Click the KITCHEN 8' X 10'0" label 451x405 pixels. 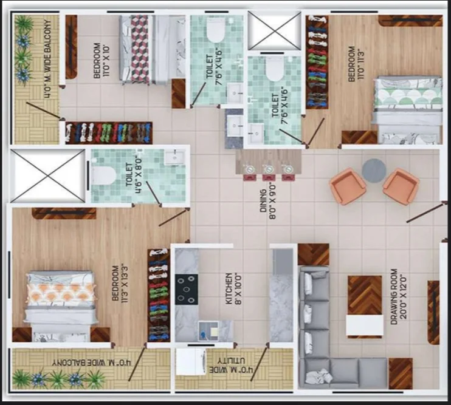tap(233, 288)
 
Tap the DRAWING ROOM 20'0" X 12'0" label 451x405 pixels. tap(398, 297)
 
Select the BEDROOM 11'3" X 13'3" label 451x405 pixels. tap(120, 283)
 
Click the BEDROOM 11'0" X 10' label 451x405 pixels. tap(102, 60)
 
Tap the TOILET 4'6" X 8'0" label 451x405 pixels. tap(133, 175)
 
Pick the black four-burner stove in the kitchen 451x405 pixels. tap(187, 290)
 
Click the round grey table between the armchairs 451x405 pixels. tap(374, 171)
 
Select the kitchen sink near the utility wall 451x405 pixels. tap(209, 331)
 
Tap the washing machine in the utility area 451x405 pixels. tap(191, 362)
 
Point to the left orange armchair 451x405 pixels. tap(348, 186)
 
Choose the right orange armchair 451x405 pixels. tap(401, 186)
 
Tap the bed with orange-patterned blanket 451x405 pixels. tap(61, 306)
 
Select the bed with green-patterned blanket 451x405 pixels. tap(408, 110)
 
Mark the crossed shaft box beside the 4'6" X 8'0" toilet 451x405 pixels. tap(48, 175)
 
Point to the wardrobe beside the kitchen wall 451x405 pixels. tap(158, 295)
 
